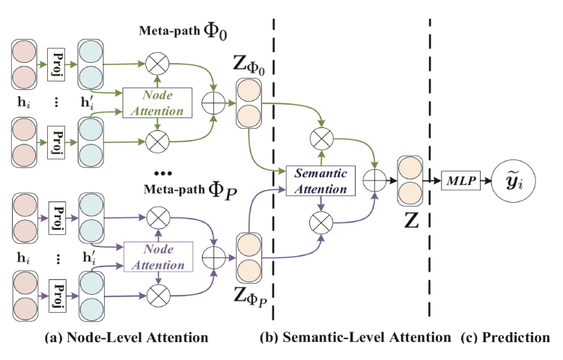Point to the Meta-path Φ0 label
186,34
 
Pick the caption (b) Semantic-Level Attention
351,338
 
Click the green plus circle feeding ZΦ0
218,103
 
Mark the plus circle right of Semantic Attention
374,180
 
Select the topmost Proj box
59,61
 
